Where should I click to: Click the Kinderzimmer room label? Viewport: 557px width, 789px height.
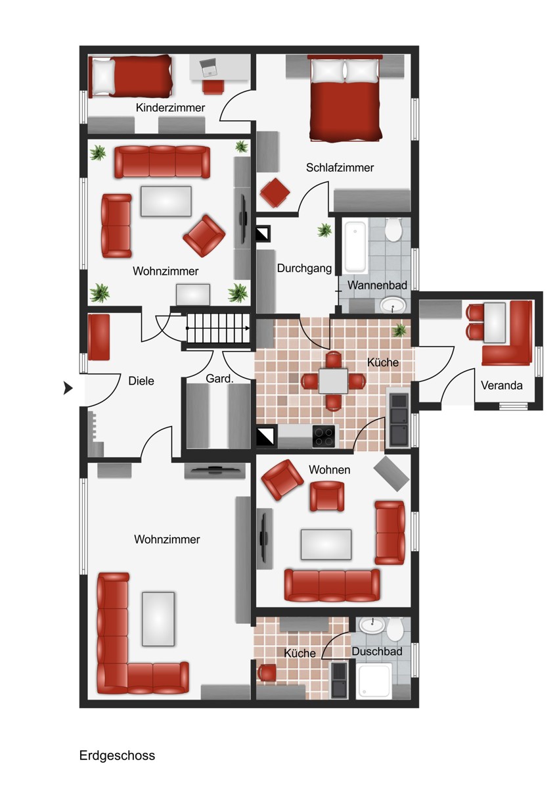170,107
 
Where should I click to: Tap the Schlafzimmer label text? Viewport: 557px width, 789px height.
340,167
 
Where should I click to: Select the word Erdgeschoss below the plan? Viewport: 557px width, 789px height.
117,755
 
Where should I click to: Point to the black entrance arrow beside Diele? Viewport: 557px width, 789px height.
68,388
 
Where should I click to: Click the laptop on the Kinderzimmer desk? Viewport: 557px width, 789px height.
209,68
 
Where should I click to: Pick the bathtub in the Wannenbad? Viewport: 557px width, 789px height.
355,246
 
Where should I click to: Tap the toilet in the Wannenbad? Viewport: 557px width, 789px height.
393,229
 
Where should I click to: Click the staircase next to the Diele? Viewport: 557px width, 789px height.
218,328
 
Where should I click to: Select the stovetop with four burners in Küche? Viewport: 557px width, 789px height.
324,437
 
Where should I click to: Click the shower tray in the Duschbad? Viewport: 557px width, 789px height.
373,681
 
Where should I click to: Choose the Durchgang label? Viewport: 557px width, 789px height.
304,268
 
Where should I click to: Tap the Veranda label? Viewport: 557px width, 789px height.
501,385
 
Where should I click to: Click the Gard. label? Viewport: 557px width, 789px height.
219,379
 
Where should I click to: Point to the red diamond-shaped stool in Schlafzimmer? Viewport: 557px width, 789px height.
275,193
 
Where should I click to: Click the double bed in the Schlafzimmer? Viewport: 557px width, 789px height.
345,97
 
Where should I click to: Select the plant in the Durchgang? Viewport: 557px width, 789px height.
324,230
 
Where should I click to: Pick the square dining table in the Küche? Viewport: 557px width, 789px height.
333,381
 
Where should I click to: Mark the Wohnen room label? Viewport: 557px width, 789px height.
329,469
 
